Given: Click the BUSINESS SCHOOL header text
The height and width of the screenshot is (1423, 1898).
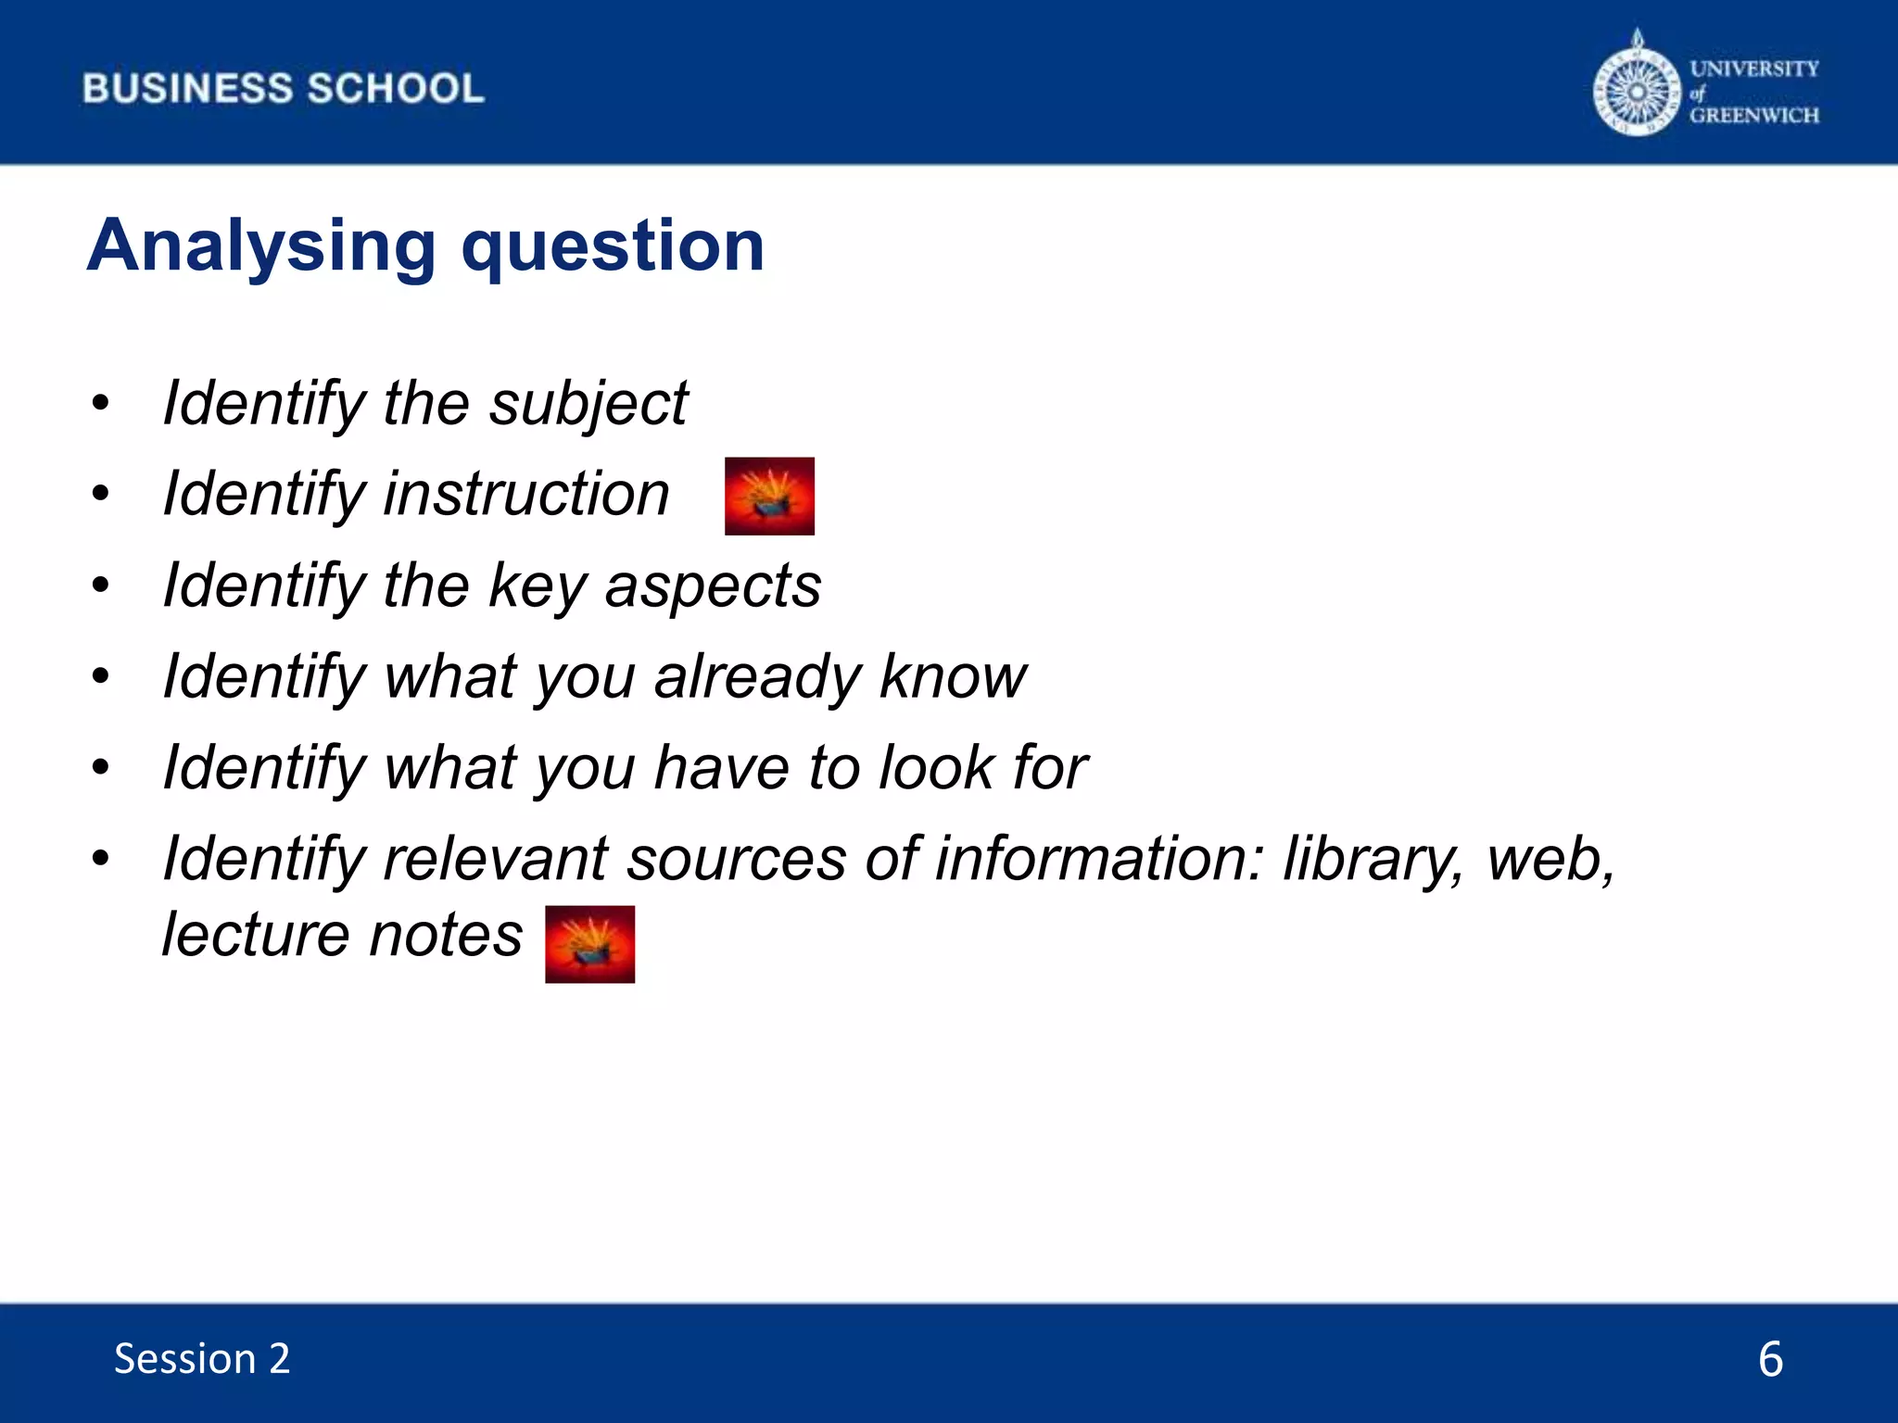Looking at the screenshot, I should (x=283, y=89).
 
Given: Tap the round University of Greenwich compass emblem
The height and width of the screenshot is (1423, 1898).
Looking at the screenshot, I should (x=1637, y=91).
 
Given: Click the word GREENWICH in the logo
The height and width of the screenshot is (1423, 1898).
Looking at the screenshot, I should (x=1753, y=116).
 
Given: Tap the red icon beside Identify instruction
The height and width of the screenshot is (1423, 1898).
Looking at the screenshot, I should (x=769, y=496).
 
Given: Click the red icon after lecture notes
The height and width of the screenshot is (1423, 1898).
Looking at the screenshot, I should (x=589, y=944).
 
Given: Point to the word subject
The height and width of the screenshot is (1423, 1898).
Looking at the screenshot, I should (x=588, y=405).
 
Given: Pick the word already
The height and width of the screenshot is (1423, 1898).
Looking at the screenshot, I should (x=757, y=677).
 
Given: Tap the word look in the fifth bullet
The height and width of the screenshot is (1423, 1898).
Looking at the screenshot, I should (x=935, y=768).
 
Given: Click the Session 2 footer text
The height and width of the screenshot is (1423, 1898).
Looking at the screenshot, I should (x=201, y=1359).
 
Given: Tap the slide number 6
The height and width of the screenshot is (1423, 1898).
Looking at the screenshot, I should (x=1769, y=1359).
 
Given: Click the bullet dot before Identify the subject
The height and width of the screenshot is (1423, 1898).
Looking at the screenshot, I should (x=101, y=404).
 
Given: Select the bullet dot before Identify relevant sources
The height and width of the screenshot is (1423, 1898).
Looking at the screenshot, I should (x=101, y=858).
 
